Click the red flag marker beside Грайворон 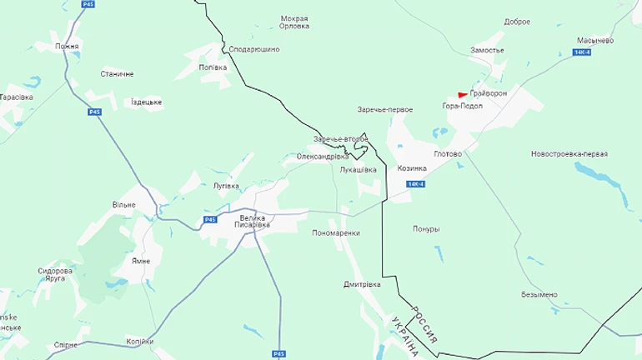[x=463, y=94]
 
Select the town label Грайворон [x=489, y=92]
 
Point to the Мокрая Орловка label [x=295, y=22]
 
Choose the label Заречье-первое [x=384, y=109]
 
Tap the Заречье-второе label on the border [x=340, y=138]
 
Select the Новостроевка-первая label [x=569, y=154]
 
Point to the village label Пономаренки [x=335, y=233]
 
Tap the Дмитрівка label [x=362, y=284]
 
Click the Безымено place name [x=539, y=294]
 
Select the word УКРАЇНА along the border [x=404, y=336]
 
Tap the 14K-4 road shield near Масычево [x=582, y=52]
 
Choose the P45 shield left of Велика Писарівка [x=209, y=219]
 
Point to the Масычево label [x=595, y=40]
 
